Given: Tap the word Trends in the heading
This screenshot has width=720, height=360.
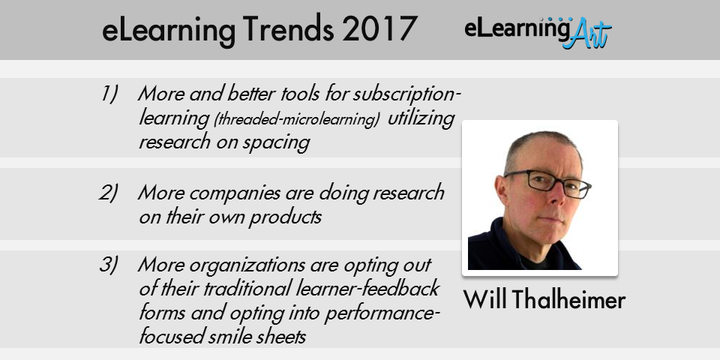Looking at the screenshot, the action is point(288,29).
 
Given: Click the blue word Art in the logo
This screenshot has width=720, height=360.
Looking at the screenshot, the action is point(587,34).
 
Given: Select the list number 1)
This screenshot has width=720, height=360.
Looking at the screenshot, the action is point(109,94).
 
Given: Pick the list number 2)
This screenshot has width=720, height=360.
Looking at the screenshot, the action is point(108,193).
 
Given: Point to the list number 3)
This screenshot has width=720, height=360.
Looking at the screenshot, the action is point(108,265).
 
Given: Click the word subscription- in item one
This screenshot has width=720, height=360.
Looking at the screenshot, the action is point(406,94).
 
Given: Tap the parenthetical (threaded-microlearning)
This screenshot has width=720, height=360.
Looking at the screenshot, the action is point(297,119).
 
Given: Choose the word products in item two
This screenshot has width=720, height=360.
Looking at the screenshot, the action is point(285,217).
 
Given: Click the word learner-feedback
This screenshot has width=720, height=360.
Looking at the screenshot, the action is point(367,289).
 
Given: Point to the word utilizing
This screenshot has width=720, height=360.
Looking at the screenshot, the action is point(421,118).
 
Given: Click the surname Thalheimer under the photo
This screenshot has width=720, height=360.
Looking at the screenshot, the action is point(568,299).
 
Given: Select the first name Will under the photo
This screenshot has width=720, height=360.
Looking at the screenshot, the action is point(485,299).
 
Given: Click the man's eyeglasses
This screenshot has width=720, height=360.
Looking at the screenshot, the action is point(547,183).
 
